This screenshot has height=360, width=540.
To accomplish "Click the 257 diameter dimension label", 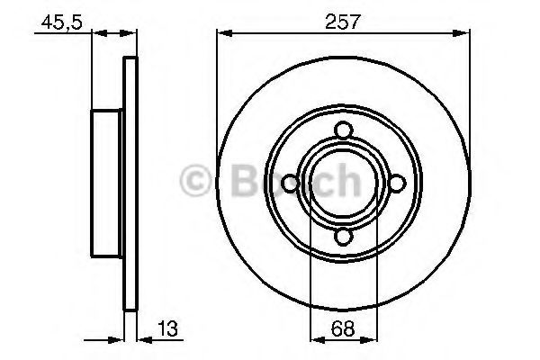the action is [342, 22].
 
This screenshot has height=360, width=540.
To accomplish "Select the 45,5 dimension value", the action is [62, 23].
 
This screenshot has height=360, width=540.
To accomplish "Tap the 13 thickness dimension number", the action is [167, 328].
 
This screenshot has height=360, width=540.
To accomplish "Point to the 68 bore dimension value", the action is [343, 328].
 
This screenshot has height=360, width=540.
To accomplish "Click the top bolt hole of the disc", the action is [344, 130].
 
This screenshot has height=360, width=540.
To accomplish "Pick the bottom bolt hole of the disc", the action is [344, 237].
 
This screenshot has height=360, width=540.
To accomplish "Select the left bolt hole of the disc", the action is [291, 184].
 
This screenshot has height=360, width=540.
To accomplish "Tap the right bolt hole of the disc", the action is [397, 184].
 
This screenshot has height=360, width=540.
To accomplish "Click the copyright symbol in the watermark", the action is [195, 180].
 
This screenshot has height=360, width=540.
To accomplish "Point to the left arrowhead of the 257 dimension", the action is [224, 33].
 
